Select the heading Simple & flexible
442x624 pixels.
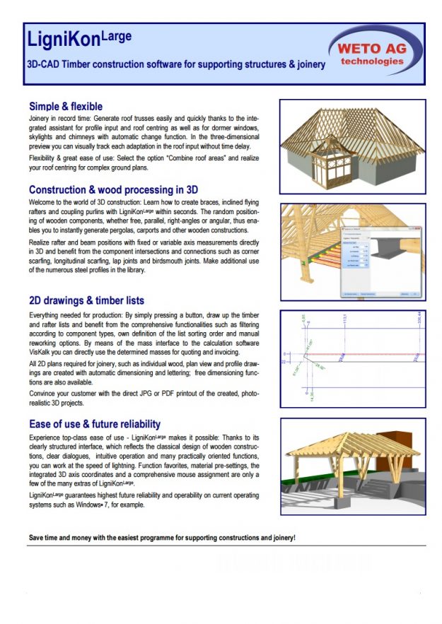pos(66,107)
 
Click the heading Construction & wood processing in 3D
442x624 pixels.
pos(113,189)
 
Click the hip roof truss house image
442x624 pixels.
pos(351,146)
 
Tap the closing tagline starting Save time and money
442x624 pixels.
pos(162,538)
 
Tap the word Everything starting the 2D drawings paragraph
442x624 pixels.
pos(47,314)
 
